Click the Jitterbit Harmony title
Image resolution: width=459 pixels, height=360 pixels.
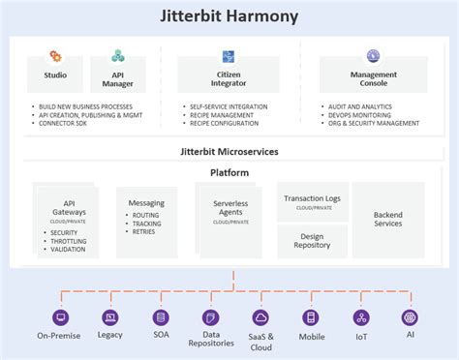pyautogui.click(x=229, y=16)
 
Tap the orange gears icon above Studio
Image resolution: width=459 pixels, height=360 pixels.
pyautogui.click(x=55, y=57)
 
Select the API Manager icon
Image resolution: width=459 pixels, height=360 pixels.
pyautogui.click(x=118, y=57)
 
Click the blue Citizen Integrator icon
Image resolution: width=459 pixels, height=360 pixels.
pyautogui.click(x=229, y=57)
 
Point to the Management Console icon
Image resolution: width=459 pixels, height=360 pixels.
pyautogui.click(x=373, y=57)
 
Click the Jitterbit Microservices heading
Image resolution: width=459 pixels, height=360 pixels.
pyautogui.click(x=229, y=153)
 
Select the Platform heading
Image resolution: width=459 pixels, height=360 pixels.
pyautogui.click(x=229, y=173)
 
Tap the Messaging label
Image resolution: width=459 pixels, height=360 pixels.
pyautogui.click(x=146, y=203)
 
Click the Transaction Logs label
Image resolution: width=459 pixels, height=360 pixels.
pyautogui.click(x=313, y=198)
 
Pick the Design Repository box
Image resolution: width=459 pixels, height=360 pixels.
pyautogui.click(x=313, y=240)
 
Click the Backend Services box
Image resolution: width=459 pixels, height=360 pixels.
pyautogui.click(x=388, y=219)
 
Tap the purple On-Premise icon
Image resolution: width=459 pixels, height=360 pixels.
pyautogui.click(x=59, y=317)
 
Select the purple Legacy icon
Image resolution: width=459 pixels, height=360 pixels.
pyautogui.click(x=110, y=317)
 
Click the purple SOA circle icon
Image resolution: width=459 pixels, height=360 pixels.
pyautogui.click(x=161, y=317)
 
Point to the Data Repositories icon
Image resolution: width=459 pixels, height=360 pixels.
pyautogui.click(x=210, y=317)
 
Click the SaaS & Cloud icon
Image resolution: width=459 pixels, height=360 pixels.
pyautogui.click(x=260, y=317)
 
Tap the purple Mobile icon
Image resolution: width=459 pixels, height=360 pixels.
pyautogui.click(x=311, y=317)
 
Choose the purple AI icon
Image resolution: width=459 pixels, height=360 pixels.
pyautogui.click(x=410, y=317)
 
